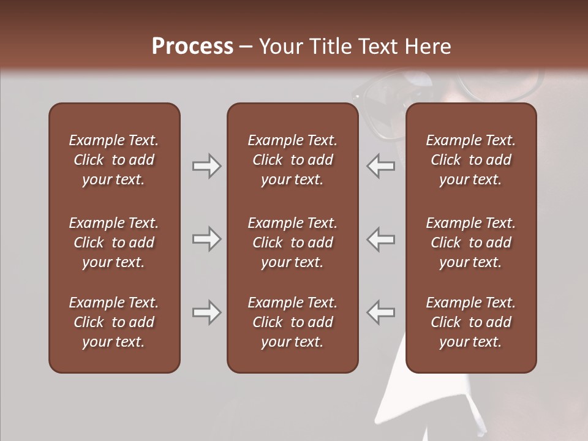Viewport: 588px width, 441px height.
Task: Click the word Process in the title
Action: click(192, 46)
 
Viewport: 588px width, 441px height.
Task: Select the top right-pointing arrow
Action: click(206, 166)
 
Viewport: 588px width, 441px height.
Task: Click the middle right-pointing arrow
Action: click(206, 239)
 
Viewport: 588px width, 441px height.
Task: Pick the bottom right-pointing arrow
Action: click(206, 312)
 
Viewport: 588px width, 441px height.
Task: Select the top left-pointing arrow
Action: click(380, 166)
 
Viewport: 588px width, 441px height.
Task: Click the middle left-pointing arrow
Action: click(380, 239)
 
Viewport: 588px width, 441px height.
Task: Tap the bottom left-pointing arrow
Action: click(380, 312)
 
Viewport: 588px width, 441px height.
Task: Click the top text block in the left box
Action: click(114, 160)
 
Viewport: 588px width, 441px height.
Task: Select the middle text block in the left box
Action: click(114, 243)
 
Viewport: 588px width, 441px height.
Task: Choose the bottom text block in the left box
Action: click(114, 322)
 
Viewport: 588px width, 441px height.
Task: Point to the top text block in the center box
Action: click(292, 160)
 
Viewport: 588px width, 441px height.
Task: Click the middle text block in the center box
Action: click(292, 243)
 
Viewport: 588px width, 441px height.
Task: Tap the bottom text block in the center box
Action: click(292, 322)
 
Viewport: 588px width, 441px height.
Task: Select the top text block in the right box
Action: click(470, 160)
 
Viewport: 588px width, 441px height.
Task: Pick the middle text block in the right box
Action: click(470, 243)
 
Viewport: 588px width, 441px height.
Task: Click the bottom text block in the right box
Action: click(470, 322)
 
